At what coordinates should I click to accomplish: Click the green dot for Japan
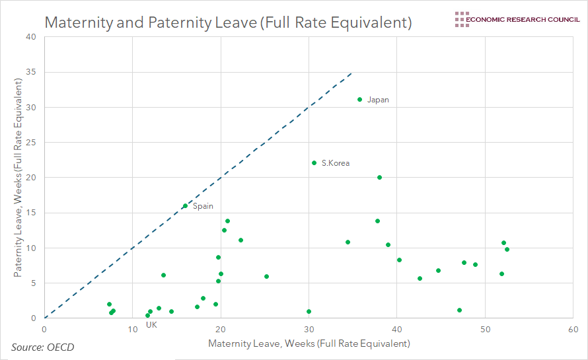(359, 100)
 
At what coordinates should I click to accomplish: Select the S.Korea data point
(314, 162)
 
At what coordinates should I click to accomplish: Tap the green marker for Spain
(185, 206)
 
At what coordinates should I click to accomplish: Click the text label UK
(151, 324)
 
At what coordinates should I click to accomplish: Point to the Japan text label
(378, 100)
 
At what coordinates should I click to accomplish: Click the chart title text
(228, 22)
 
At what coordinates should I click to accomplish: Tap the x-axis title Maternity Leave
(309, 343)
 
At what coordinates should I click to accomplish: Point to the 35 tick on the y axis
(31, 72)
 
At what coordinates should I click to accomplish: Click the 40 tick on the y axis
(31, 36)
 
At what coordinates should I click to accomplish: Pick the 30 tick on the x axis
(309, 329)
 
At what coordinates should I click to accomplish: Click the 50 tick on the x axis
(485, 329)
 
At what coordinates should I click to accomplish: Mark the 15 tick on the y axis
(31, 213)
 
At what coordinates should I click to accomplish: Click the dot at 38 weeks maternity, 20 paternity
(379, 177)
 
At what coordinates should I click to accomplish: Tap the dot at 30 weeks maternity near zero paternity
(309, 311)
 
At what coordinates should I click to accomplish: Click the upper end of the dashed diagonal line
(351, 73)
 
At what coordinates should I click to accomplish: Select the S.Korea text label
(336, 163)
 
